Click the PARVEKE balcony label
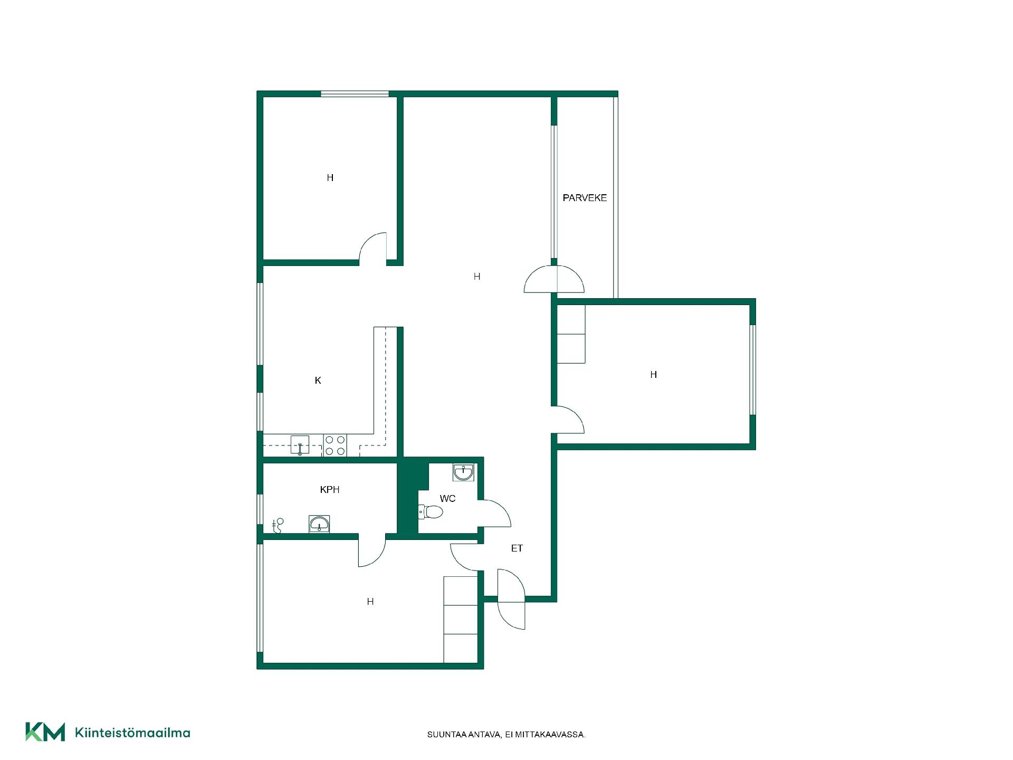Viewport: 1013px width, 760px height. [x=585, y=198]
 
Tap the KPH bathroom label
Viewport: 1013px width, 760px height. [x=330, y=490]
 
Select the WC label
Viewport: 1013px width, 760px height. [x=447, y=498]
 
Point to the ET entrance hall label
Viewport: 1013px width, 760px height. [x=517, y=548]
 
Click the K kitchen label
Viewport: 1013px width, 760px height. [x=318, y=381]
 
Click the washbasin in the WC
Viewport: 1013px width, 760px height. [x=463, y=472]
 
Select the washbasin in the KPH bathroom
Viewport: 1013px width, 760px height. [x=319, y=524]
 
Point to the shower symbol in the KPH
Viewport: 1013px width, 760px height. [x=278, y=526]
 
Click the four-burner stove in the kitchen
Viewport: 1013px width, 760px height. [x=335, y=445]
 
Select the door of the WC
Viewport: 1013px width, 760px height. [x=494, y=513]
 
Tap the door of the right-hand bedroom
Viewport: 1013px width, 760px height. [x=568, y=420]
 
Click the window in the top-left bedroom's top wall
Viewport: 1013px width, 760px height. [x=355, y=94]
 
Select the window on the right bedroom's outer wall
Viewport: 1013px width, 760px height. [x=753, y=369]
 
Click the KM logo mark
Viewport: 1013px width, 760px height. [x=45, y=732]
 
